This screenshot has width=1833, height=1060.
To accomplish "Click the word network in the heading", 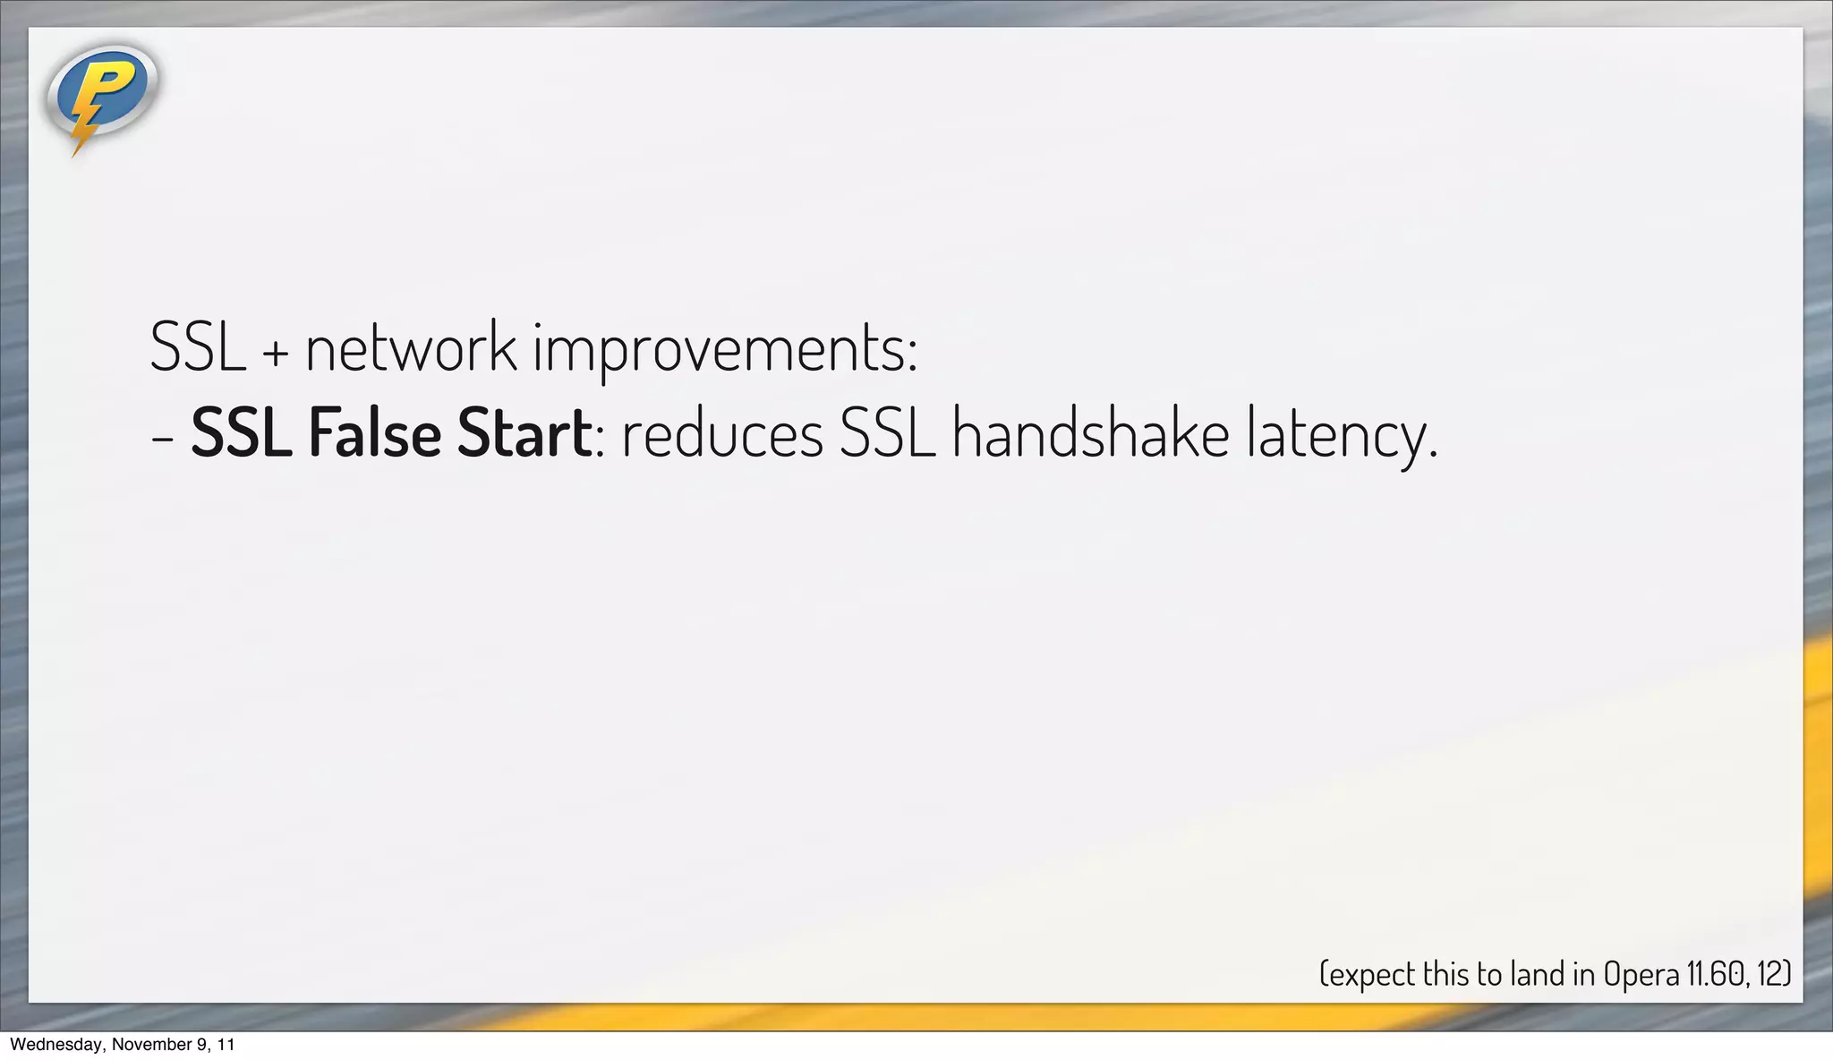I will (x=411, y=347).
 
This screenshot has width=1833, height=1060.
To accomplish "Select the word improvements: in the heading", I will (x=726, y=349).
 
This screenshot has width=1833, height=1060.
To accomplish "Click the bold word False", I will (x=374, y=433).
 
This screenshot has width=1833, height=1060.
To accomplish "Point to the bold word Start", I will (x=524, y=433).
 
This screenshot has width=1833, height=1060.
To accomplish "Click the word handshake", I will (x=1090, y=433).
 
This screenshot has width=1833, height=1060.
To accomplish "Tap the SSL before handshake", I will (x=887, y=433).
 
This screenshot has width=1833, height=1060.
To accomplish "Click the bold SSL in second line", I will (x=242, y=433).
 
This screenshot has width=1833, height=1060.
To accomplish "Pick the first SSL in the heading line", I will (x=198, y=347).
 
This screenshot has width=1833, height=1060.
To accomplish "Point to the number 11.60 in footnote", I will (x=1716, y=974).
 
